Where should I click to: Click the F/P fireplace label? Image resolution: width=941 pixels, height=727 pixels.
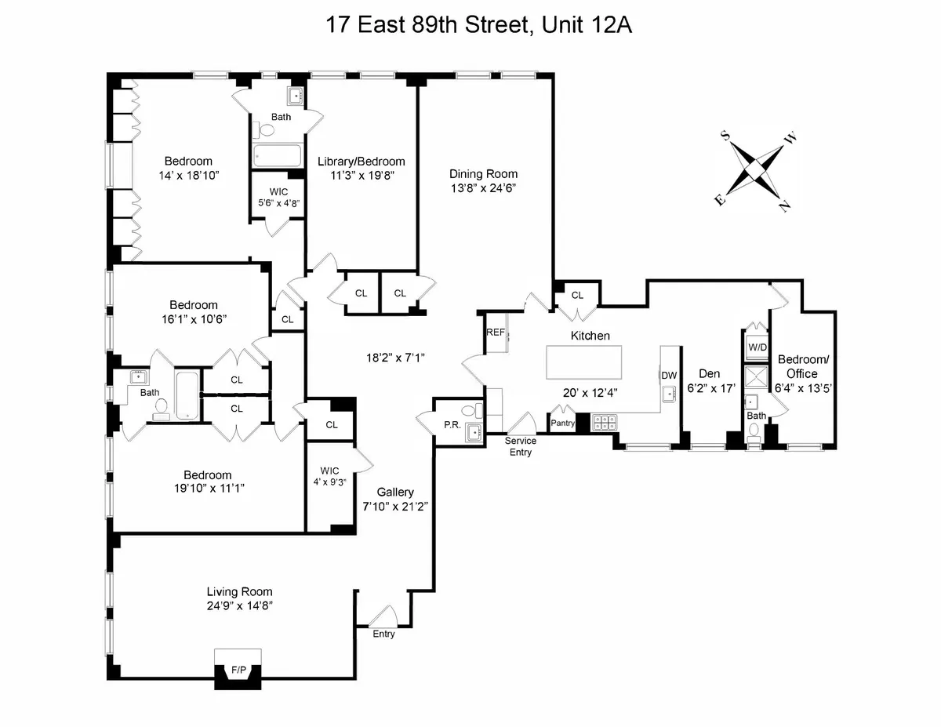tap(238, 670)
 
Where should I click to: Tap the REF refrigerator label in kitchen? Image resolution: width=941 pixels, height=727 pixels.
tap(496, 333)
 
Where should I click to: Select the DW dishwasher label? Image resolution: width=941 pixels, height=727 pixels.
tap(669, 376)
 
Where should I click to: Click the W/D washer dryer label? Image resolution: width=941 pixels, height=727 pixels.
tap(757, 347)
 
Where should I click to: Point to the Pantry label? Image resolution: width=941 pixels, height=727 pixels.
tap(563, 423)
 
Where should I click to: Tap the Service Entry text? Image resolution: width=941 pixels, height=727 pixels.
tap(521, 447)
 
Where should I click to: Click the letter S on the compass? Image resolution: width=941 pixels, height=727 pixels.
tap(726, 136)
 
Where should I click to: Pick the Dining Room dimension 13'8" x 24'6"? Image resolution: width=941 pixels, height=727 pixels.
tap(483, 188)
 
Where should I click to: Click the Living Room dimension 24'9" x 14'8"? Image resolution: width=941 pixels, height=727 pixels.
tap(239, 606)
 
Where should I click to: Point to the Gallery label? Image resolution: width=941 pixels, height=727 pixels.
tap(395, 492)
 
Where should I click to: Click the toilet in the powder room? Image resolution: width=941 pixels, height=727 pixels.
tap(470, 409)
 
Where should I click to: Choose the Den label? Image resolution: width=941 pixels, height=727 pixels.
tap(708, 374)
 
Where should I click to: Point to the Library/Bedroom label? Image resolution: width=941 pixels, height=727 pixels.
tap(361, 162)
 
